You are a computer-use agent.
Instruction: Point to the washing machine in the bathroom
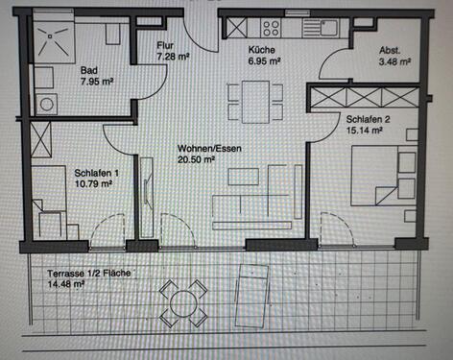45,105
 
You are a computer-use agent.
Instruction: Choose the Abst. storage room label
390,51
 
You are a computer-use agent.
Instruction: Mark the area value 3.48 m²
394,61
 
